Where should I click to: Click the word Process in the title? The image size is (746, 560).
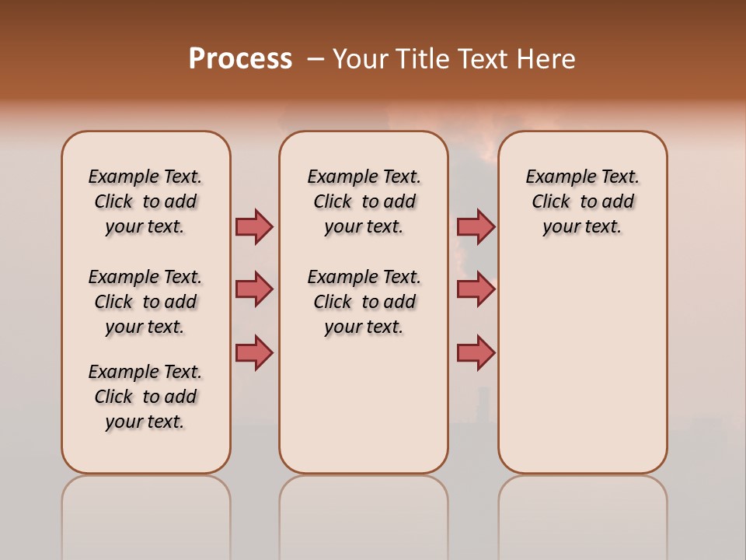tap(240, 59)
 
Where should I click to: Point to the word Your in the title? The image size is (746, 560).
tap(361, 59)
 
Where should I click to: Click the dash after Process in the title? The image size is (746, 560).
tap(315, 60)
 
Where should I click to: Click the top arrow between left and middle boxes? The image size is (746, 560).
tap(254, 226)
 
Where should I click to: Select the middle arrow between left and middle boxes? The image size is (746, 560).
tap(254, 289)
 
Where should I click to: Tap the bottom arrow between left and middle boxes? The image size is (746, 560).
tap(254, 352)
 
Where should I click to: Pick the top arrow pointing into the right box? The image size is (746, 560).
tap(476, 226)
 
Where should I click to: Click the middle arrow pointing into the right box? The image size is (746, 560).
tap(476, 289)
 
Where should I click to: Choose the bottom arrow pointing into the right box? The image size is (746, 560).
tap(476, 352)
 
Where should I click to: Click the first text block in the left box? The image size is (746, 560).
tap(145, 201)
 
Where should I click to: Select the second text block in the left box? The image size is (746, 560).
tap(145, 302)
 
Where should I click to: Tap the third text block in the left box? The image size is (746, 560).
tap(145, 397)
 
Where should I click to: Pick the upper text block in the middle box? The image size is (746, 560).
tap(364, 201)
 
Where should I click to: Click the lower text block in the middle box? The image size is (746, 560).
tap(364, 302)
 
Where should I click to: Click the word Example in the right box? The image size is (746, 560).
tap(553, 177)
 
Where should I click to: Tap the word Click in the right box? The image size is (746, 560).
tap(551, 202)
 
